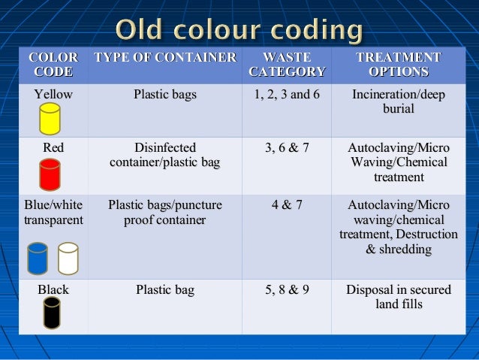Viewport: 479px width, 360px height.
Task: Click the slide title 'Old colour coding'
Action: tap(239, 32)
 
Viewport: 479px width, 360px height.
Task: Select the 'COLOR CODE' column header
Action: tap(53, 65)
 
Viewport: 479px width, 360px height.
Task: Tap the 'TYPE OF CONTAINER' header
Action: tap(165, 58)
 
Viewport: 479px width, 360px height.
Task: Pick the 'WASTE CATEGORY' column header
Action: tap(287, 65)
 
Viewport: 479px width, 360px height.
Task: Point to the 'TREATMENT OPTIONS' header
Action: tap(398, 65)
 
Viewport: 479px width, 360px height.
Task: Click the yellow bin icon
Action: tap(50, 119)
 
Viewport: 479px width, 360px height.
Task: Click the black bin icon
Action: tap(52, 312)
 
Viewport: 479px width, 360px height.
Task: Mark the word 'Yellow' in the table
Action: tap(53, 95)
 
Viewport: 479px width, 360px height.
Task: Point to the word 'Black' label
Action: tap(53, 289)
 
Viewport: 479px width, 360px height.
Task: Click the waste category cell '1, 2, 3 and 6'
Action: tap(287, 95)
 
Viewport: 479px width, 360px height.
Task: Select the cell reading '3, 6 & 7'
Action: tap(287, 148)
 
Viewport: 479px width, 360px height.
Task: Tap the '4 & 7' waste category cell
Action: tap(287, 204)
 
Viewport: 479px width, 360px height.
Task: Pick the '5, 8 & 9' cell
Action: tap(287, 289)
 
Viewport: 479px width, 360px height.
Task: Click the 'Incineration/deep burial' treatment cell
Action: tap(398, 101)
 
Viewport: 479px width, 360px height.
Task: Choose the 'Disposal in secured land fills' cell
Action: tap(398, 297)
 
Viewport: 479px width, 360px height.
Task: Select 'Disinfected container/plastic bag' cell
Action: tap(165, 156)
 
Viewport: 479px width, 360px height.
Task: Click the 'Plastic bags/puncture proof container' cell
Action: tap(165, 212)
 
